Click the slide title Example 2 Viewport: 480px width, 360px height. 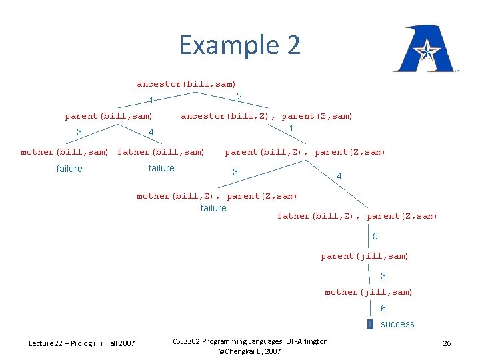[240, 45]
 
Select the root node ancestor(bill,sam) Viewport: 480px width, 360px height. [186, 84]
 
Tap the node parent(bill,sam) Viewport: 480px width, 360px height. [109, 116]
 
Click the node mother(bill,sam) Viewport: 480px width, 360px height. [64, 152]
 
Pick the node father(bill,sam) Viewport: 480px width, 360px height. [161, 152]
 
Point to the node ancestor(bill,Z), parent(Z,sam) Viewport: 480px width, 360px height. [267, 116]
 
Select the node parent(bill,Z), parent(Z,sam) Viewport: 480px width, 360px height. [305, 152]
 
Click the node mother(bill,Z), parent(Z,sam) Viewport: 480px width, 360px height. [217, 196]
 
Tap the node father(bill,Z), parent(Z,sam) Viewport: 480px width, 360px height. [357, 216]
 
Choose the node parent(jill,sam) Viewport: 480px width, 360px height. [365, 256]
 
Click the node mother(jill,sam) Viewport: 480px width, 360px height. [369, 292]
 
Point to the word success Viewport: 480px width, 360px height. [397, 325]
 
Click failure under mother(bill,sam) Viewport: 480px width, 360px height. [69, 169]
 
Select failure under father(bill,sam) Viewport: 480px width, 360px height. [161, 169]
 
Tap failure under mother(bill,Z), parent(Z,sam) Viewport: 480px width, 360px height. [213, 209]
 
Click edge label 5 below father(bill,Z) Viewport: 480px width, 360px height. [375, 236]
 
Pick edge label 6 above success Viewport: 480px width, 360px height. [383, 309]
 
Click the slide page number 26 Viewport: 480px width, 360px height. [447, 343]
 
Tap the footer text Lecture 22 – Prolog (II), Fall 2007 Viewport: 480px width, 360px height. [81, 343]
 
